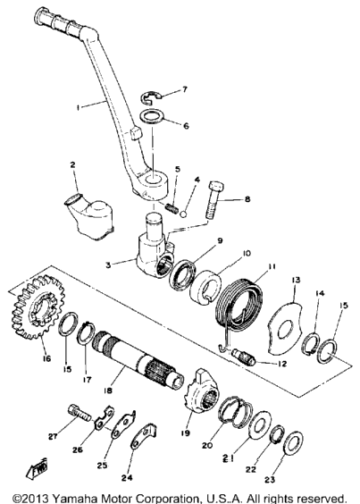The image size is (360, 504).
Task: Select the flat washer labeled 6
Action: [153, 116]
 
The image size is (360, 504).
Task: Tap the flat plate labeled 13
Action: [285, 327]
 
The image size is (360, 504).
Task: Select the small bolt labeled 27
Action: [80, 414]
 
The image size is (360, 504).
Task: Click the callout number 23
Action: [270, 479]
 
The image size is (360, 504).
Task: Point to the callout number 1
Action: [78, 107]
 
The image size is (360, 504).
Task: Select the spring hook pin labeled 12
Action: [244, 357]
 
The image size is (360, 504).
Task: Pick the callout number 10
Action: [247, 254]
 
